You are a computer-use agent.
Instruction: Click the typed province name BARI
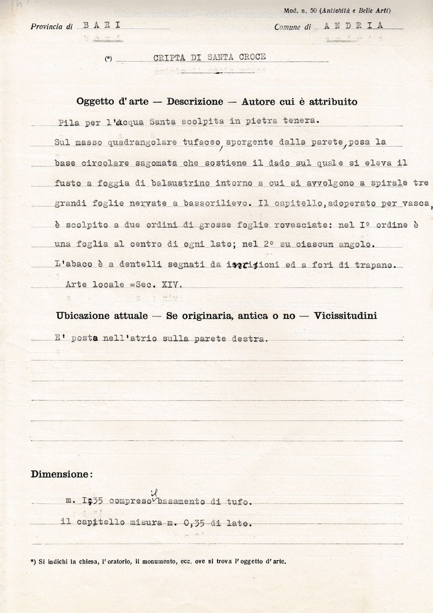[x=102, y=25]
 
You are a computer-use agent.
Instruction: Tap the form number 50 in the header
[x=314, y=11]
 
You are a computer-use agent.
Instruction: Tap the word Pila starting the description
[x=70, y=121]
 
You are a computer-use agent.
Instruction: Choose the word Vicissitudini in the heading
[x=345, y=315]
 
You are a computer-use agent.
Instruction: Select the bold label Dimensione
[x=62, y=474]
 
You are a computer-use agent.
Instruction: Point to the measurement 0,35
[x=194, y=523]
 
